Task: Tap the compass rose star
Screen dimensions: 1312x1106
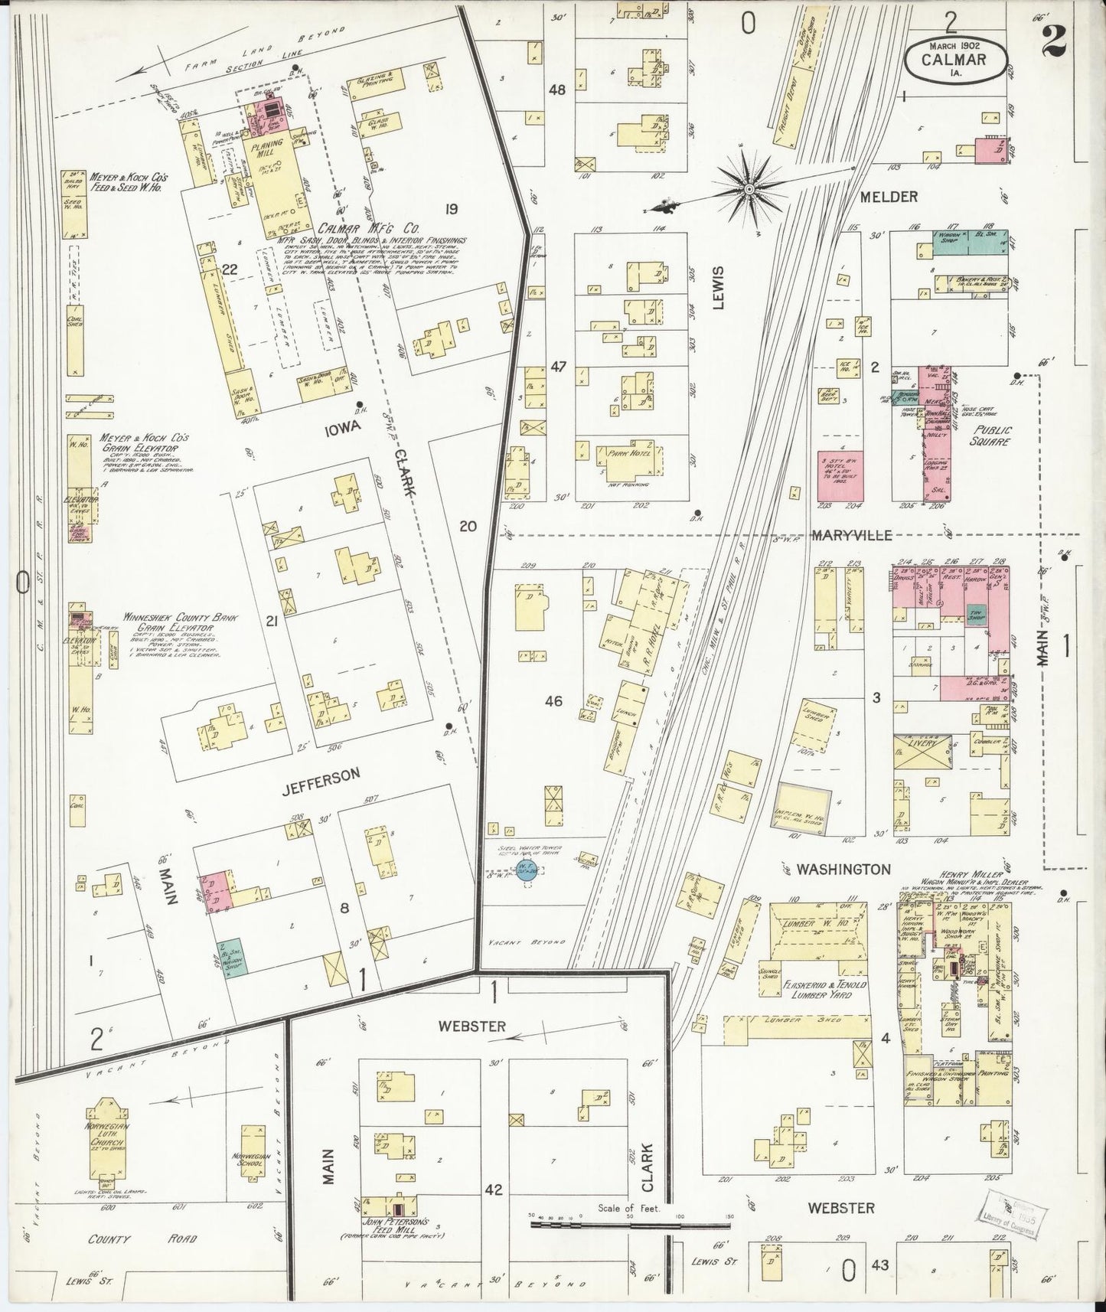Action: tap(749, 187)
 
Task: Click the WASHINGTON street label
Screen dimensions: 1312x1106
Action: tap(843, 870)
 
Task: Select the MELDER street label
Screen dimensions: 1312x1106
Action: tap(888, 197)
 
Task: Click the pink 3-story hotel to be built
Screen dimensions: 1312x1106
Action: tap(840, 475)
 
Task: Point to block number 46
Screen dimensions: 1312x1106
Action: tap(553, 700)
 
